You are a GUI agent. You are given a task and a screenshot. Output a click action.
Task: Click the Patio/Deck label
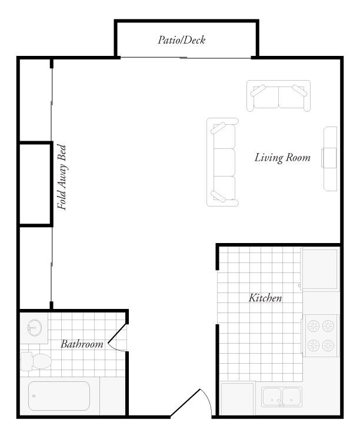tap(181, 41)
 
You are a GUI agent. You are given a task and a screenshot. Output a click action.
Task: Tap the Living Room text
tap(282, 158)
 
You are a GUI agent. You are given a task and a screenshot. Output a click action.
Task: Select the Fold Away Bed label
tap(61, 177)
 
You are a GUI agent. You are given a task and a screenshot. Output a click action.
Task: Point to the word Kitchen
tap(265, 298)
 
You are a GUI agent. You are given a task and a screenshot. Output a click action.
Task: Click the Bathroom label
tap(82, 344)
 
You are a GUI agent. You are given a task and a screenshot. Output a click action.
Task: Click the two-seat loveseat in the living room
tap(278, 97)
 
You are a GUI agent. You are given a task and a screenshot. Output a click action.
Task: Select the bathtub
tap(58, 396)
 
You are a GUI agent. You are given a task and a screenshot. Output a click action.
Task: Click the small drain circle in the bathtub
tap(34, 396)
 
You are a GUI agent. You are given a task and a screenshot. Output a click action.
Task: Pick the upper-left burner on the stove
tap(312, 324)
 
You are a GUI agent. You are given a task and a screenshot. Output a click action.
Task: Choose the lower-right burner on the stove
tap(328, 345)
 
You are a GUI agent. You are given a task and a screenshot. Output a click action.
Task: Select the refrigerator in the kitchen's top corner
tap(320, 268)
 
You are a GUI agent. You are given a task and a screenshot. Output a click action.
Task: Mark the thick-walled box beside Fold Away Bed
tap(35, 183)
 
